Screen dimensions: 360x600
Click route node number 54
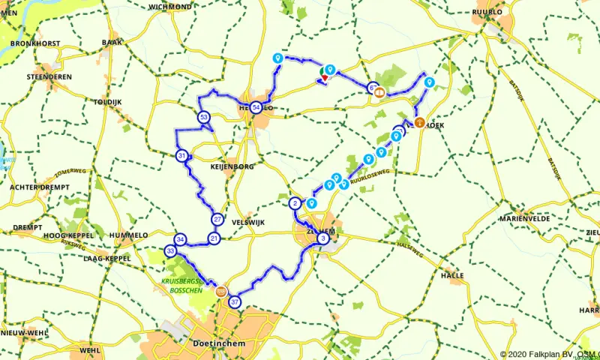(x=256, y=108)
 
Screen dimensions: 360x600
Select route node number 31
(x=182, y=156)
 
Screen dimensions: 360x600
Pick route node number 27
(x=217, y=219)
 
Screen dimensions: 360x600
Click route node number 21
(x=214, y=238)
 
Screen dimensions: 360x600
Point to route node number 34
(x=180, y=238)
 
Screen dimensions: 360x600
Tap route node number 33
(x=171, y=250)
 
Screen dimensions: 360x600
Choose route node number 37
(x=235, y=302)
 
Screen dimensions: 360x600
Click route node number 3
(x=323, y=238)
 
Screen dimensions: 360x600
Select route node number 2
(x=295, y=203)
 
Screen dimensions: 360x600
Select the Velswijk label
(x=249, y=222)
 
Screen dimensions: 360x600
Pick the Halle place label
(x=452, y=275)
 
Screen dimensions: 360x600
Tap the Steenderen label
(x=48, y=76)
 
